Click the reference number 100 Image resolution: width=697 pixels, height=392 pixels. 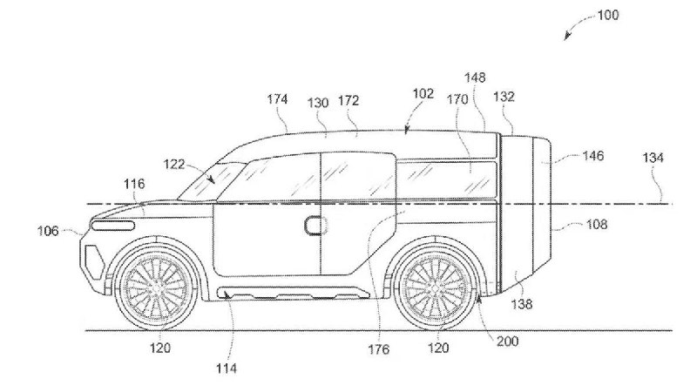[607, 15]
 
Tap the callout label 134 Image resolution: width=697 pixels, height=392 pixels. [653, 158]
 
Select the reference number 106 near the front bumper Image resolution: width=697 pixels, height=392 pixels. [48, 231]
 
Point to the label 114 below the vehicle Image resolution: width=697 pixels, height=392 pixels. [227, 368]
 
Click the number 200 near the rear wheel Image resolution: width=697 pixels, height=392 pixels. [507, 341]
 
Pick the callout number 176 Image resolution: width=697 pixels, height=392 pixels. [379, 349]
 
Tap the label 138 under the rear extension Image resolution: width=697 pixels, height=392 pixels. [521, 304]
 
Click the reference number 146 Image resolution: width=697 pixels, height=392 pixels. [593, 156]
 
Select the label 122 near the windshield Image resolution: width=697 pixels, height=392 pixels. [173, 164]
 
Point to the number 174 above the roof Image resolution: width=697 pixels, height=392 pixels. [277, 98]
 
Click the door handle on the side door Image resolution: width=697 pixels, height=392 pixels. [315, 226]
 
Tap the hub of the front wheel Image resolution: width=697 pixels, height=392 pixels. [157, 288]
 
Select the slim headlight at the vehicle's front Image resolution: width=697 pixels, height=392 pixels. [113, 226]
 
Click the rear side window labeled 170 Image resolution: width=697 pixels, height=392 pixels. [446, 179]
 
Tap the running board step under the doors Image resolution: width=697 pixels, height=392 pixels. [294, 293]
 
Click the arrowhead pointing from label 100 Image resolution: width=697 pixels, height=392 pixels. [567, 37]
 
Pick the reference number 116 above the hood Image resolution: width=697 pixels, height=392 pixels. [134, 184]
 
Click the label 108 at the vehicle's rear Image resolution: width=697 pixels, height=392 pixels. [596, 224]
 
